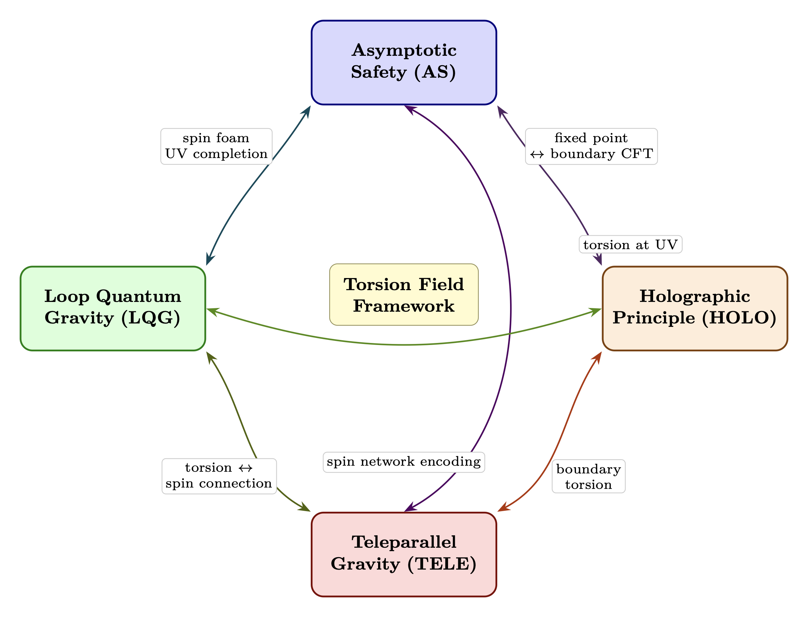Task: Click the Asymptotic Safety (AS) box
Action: [404, 63]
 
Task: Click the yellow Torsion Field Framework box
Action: [404, 295]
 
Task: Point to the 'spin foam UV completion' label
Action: [216, 146]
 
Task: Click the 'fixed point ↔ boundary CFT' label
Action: [591, 146]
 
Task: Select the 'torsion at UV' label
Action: [630, 244]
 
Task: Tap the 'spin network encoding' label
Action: [404, 462]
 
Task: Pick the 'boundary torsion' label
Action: [588, 476]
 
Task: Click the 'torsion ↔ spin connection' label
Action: [219, 476]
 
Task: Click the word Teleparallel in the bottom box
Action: [404, 542]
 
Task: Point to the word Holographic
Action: [695, 296]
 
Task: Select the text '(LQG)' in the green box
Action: [151, 318]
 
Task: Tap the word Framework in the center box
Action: [404, 306]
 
